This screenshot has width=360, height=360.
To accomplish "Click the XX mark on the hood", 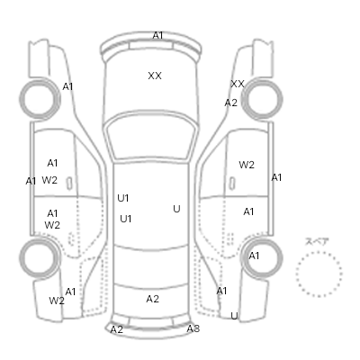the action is click(155, 76).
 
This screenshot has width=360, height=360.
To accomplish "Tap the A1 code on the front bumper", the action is click(157, 35).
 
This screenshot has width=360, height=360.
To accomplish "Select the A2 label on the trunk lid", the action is click(152, 299).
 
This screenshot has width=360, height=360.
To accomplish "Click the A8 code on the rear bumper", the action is click(193, 328).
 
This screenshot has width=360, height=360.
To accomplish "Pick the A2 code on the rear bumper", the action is click(117, 329).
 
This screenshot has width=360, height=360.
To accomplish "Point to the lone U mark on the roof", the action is click(176, 209).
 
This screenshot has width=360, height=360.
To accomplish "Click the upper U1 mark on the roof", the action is click(123, 198).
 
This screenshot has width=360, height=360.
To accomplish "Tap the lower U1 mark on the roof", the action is click(126, 219).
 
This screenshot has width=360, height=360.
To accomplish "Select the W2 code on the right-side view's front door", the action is click(247, 165).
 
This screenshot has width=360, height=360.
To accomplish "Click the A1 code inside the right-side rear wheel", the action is click(254, 256).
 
